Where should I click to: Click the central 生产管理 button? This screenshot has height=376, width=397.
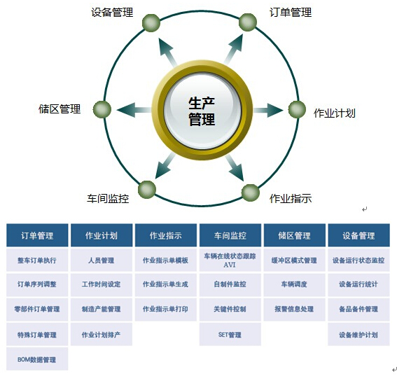tap(202, 111)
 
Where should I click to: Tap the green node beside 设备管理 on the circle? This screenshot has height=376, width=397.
tap(151, 22)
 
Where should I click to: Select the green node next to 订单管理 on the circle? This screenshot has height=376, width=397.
tap(248, 22)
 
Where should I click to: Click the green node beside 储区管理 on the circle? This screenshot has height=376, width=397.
tap(102, 110)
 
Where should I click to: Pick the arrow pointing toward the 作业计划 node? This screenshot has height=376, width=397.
tap(268, 110)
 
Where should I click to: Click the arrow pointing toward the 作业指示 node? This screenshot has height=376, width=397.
tap(235, 167)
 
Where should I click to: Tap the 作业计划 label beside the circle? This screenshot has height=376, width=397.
tap(335, 113)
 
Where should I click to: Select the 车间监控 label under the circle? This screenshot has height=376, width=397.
tap(108, 199)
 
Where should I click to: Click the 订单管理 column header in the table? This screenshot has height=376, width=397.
tap(37, 235)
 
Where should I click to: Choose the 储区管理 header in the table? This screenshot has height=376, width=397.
tap(295, 235)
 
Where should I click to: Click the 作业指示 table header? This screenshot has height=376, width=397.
tap(166, 235)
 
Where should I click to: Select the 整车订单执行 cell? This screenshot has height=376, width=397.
tap(37, 260)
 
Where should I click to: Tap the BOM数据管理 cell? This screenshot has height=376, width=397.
tap(37, 359)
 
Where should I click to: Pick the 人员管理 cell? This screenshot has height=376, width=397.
tap(102, 260)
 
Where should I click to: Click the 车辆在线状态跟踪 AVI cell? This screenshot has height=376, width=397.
tap(230, 260)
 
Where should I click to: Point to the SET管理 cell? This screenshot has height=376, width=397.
tap(230, 335)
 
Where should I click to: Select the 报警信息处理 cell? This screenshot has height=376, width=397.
tap(295, 309)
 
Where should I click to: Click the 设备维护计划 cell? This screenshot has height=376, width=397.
tap(358, 335)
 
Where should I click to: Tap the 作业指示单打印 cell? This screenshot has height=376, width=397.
tap(166, 309)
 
